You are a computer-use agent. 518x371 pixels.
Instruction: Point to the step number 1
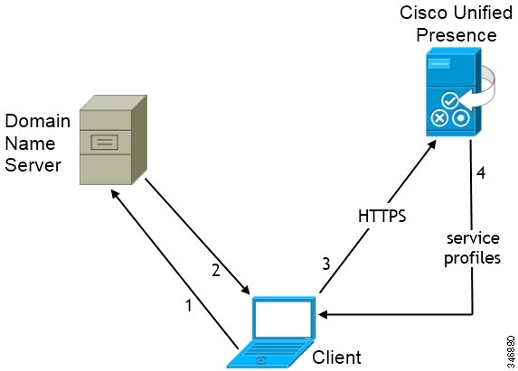pyautogui.click(x=188, y=305)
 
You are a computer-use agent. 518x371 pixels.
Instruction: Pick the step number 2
pyautogui.click(x=215, y=270)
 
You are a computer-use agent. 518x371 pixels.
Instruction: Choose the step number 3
pyautogui.click(x=327, y=264)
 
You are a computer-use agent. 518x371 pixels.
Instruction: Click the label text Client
pyautogui.click(x=336, y=357)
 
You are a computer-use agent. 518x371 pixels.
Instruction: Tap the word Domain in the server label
pyautogui.click(x=33, y=120)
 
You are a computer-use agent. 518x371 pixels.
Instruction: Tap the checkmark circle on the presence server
pyautogui.click(x=450, y=101)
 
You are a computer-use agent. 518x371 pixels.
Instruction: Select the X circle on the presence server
pyautogui.click(x=441, y=118)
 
